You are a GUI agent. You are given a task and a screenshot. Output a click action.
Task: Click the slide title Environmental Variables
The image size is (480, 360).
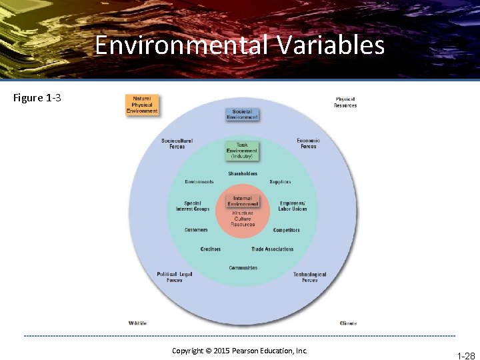pos(239,45)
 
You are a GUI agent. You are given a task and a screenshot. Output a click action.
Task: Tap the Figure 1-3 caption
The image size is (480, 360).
pos(37,98)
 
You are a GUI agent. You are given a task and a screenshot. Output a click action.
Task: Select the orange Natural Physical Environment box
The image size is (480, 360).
pos(142,105)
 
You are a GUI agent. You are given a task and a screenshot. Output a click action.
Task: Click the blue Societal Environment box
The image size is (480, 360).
pos(242,114)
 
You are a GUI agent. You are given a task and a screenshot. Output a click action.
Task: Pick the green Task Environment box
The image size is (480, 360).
pos(242,151)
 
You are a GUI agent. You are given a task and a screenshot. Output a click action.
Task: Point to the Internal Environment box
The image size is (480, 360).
pos(243,201)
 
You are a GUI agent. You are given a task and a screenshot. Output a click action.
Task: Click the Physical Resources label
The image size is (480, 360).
pos(345,103)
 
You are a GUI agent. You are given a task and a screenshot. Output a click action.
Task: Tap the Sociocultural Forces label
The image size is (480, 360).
pos(177,143)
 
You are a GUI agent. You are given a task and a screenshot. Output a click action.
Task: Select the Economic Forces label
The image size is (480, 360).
pos(308,143)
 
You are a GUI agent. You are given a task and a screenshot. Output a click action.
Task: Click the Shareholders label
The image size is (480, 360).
pos(243,173)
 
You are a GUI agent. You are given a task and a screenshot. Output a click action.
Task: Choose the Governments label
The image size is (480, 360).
pos(199,182)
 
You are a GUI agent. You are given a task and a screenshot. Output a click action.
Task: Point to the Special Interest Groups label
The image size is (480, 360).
pos(193,206)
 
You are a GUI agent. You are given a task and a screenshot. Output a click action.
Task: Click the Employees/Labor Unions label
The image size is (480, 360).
pos(293,206)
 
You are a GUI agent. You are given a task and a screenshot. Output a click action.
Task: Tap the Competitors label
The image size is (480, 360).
pos(287,230)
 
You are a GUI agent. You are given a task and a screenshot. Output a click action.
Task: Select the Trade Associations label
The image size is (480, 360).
pos(272,249)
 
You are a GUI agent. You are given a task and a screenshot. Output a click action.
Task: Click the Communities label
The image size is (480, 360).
pos(243,268)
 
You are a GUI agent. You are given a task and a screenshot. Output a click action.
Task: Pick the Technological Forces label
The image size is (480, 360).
pos(310,277)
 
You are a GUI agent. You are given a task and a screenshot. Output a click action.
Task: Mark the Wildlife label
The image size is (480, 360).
pos(137,323)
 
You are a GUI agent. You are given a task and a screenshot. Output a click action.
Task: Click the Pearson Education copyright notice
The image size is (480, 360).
pos(239,351)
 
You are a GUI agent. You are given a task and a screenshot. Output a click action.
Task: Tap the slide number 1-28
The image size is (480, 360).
pos(465,356)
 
